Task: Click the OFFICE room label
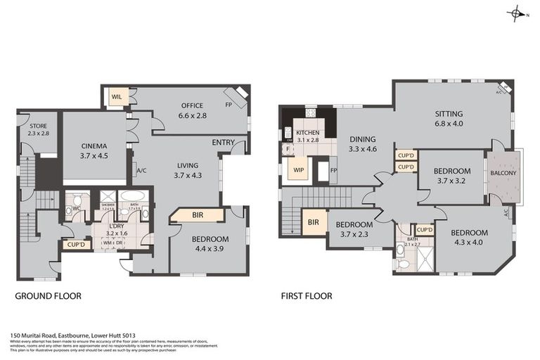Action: click(x=191, y=106)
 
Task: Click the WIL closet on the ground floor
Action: click(x=116, y=97)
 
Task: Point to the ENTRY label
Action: click(x=223, y=143)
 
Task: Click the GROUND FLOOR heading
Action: click(x=49, y=296)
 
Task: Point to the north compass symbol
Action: click(x=517, y=13)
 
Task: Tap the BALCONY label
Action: click(x=503, y=174)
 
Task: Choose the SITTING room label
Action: click(x=449, y=113)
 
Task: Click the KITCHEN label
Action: click(x=307, y=132)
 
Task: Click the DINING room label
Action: click(x=363, y=139)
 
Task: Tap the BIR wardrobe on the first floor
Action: click(x=312, y=223)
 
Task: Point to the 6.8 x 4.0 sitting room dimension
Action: click(x=449, y=124)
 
